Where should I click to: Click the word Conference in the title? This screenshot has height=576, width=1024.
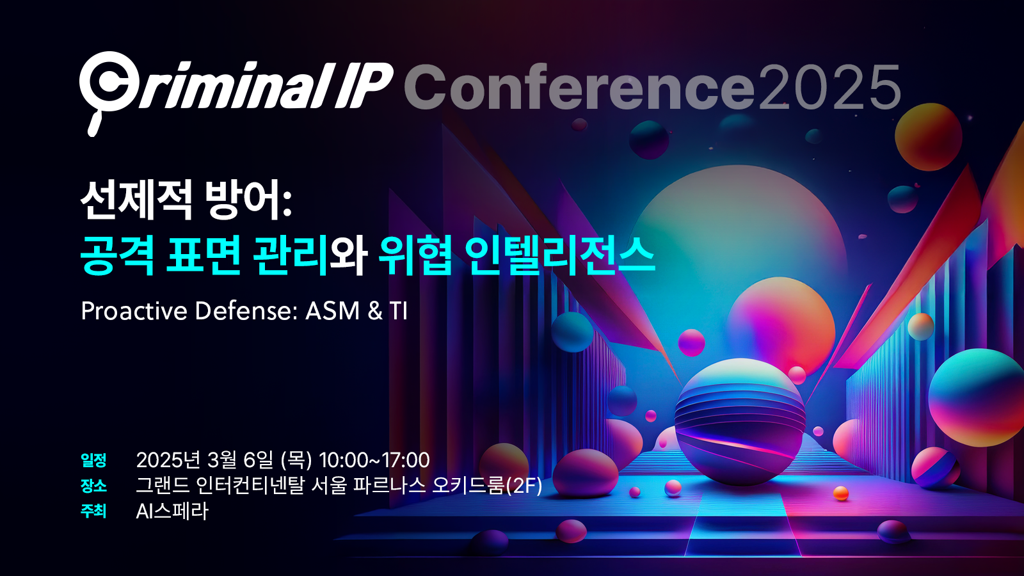pos(579,87)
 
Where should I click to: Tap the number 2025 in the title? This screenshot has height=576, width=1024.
pos(828,87)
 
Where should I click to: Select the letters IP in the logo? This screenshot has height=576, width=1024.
pos(364,85)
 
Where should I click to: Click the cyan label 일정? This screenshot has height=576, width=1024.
pos(93,460)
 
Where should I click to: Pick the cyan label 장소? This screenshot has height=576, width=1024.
pos(93,486)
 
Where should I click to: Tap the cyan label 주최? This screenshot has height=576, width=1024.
pos(93,511)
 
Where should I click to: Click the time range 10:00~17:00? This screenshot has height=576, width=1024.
pos(374,460)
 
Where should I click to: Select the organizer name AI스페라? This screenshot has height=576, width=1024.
pos(172,511)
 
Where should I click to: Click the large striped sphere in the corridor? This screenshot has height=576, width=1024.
pos(740,422)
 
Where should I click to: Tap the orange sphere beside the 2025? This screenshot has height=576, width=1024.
pos(928,137)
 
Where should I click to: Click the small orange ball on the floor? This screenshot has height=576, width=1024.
pos(841,493)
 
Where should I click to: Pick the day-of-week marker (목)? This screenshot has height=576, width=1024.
pos(296,460)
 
